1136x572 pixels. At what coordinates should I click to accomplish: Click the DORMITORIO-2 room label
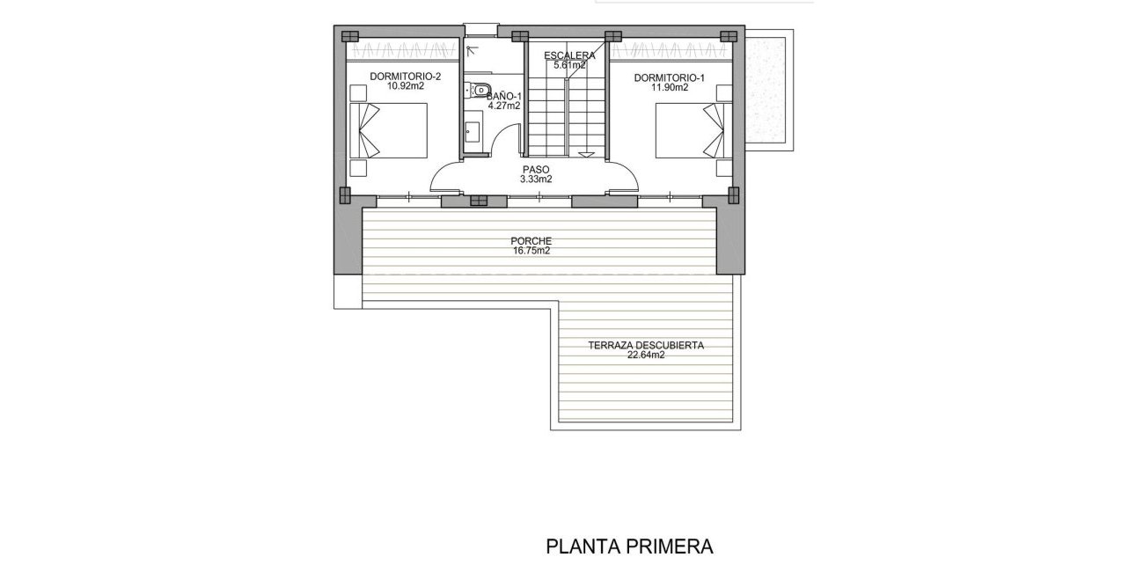(405, 77)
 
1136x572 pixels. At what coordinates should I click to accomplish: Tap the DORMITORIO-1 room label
(670, 77)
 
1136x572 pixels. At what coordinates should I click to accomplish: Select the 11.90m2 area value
(670, 88)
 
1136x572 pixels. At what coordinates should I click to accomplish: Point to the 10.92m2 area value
(405, 87)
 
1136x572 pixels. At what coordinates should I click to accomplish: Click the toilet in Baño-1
(480, 89)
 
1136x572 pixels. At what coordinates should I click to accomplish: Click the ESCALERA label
(569, 55)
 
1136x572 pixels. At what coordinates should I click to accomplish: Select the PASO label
(536, 169)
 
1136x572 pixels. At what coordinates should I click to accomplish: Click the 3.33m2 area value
(536, 179)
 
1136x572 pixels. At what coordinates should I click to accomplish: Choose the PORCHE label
(531, 240)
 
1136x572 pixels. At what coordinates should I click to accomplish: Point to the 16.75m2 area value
(531, 251)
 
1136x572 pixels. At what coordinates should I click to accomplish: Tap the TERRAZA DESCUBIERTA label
(646, 346)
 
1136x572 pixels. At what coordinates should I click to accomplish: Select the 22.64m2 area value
(646, 356)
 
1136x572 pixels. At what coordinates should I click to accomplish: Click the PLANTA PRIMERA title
(629, 546)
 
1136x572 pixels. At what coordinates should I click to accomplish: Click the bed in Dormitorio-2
(389, 131)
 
